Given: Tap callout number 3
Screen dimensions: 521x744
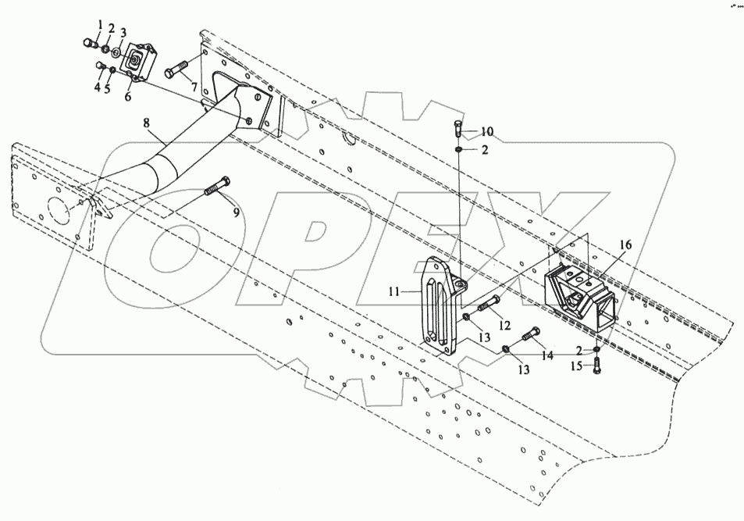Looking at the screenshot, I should (123, 32).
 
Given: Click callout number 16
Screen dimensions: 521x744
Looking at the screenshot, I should (626, 244).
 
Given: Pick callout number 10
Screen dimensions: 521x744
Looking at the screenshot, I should (486, 130).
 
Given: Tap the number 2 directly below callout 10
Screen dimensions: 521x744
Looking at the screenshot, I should (485, 150).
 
